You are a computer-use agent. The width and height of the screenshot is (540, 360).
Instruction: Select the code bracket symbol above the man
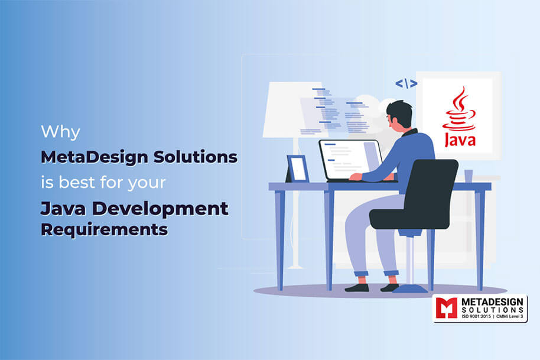point(406,83)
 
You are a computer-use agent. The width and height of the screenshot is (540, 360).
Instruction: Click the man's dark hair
point(400,111)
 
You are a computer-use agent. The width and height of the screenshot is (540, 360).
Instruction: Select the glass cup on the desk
point(469,176)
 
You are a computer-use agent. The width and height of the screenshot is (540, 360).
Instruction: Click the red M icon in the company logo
point(446,309)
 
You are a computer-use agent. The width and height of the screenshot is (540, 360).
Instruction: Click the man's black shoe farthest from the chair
point(357,287)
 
